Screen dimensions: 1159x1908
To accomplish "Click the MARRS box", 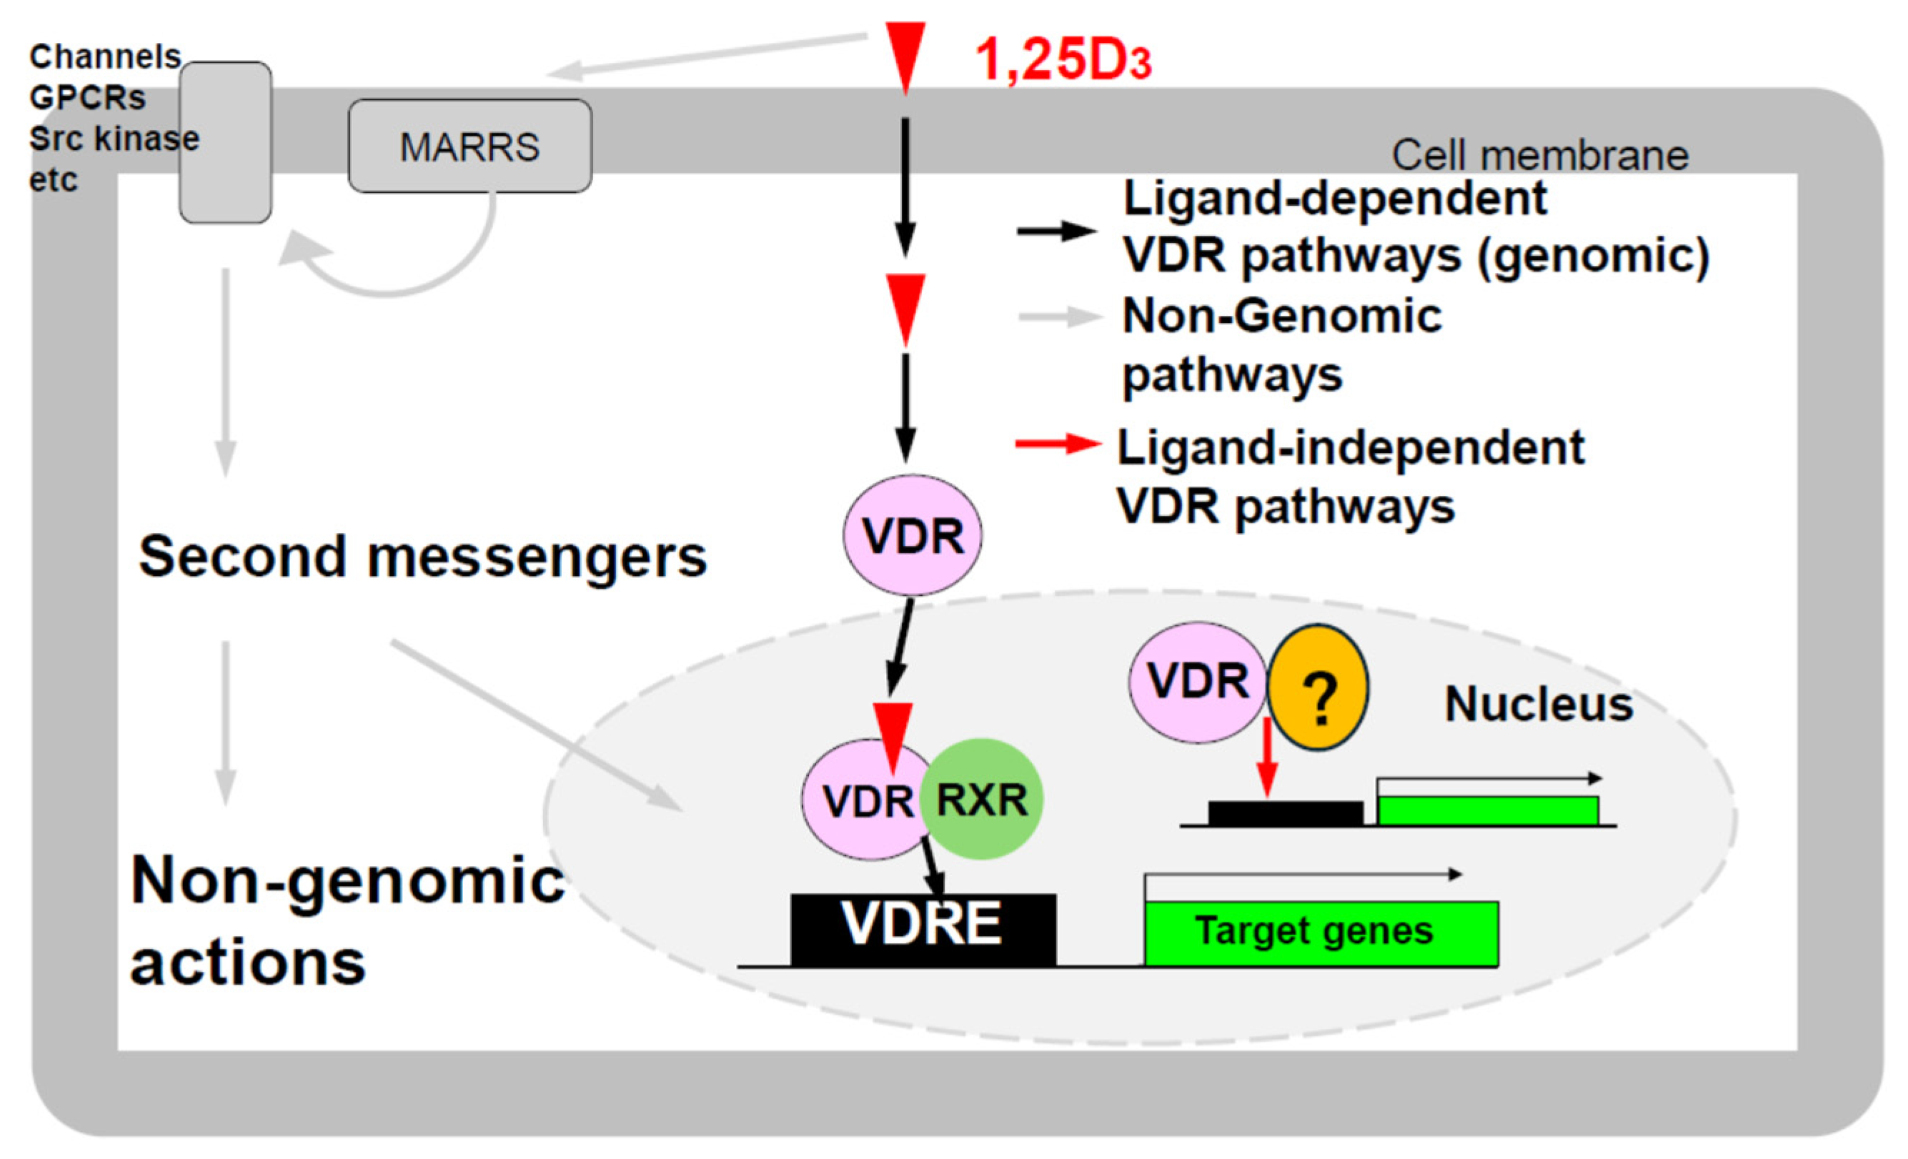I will point(470,146).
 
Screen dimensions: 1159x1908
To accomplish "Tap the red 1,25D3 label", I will point(1063,61).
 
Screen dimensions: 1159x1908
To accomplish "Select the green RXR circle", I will point(982,799).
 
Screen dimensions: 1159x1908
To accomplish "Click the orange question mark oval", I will point(1318,687).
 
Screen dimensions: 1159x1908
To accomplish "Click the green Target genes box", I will point(1321,932).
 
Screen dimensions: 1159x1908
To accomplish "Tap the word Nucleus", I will point(1539,705).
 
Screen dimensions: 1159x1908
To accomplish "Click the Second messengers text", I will point(422,557).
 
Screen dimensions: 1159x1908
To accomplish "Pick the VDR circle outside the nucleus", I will point(912,535).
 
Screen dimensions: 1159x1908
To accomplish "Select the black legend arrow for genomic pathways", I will point(1055,231).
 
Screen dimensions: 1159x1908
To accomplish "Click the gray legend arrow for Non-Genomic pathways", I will point(1058,316).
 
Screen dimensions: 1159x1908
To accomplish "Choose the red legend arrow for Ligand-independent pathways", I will point(1057,444).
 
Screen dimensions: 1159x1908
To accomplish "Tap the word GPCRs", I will point(87,99).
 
